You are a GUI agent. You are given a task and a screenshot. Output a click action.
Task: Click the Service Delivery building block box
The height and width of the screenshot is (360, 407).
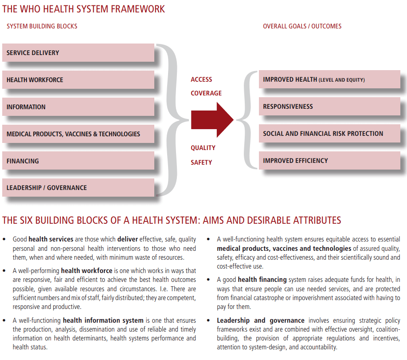78,53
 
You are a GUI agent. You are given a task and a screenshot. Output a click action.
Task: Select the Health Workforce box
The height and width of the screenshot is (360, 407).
78,80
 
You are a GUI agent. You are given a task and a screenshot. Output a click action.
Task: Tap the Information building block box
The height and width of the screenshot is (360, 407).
78,107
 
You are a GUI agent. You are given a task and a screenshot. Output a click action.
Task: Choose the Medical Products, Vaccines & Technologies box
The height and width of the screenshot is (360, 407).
78,134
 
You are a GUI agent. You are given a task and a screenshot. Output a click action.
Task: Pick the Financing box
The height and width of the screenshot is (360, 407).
78,161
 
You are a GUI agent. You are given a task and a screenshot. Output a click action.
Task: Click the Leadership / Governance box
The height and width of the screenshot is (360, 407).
78,188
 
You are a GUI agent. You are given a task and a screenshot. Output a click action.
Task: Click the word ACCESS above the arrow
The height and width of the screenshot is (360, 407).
201,79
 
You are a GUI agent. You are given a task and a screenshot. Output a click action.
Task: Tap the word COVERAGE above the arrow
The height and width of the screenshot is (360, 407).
206,93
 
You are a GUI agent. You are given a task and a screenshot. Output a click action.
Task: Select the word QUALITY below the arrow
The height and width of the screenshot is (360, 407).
203,148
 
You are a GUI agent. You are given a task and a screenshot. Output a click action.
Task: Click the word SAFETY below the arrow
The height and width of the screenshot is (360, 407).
201,162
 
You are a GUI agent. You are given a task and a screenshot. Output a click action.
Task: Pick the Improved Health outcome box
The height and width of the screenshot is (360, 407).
329,80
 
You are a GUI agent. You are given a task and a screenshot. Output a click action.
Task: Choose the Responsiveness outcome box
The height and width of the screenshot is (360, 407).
329,107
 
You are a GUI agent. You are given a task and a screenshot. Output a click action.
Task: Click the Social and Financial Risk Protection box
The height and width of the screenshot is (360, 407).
329,134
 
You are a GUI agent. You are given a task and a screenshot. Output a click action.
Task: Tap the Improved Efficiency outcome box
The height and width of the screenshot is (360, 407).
329,161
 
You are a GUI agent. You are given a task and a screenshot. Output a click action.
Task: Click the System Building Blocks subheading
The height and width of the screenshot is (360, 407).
42,26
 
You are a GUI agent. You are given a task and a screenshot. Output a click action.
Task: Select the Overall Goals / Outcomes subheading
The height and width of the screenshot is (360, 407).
302,26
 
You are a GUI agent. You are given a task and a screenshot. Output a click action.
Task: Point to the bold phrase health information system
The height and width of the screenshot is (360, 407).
103,320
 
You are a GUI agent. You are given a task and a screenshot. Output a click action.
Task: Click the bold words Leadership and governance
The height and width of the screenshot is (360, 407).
260,320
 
